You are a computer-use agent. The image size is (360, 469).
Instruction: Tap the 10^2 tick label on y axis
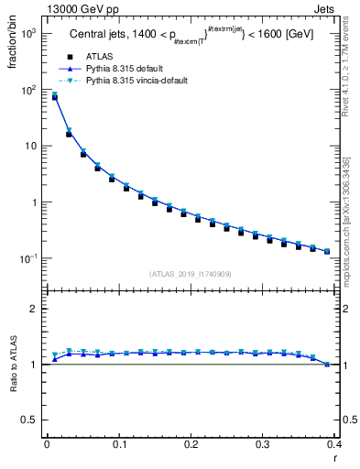pos(29,90)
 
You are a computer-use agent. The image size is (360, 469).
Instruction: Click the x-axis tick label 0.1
pos(119,444)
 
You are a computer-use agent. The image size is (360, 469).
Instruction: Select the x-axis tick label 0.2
pos(191,444)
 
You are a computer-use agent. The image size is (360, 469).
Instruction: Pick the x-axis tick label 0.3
pos(264,444)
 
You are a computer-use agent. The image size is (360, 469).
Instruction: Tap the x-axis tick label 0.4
pos(335,444)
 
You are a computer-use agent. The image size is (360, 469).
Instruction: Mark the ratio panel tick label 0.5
pos(31,420)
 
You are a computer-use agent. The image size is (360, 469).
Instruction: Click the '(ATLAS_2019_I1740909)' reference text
pos(190,274)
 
